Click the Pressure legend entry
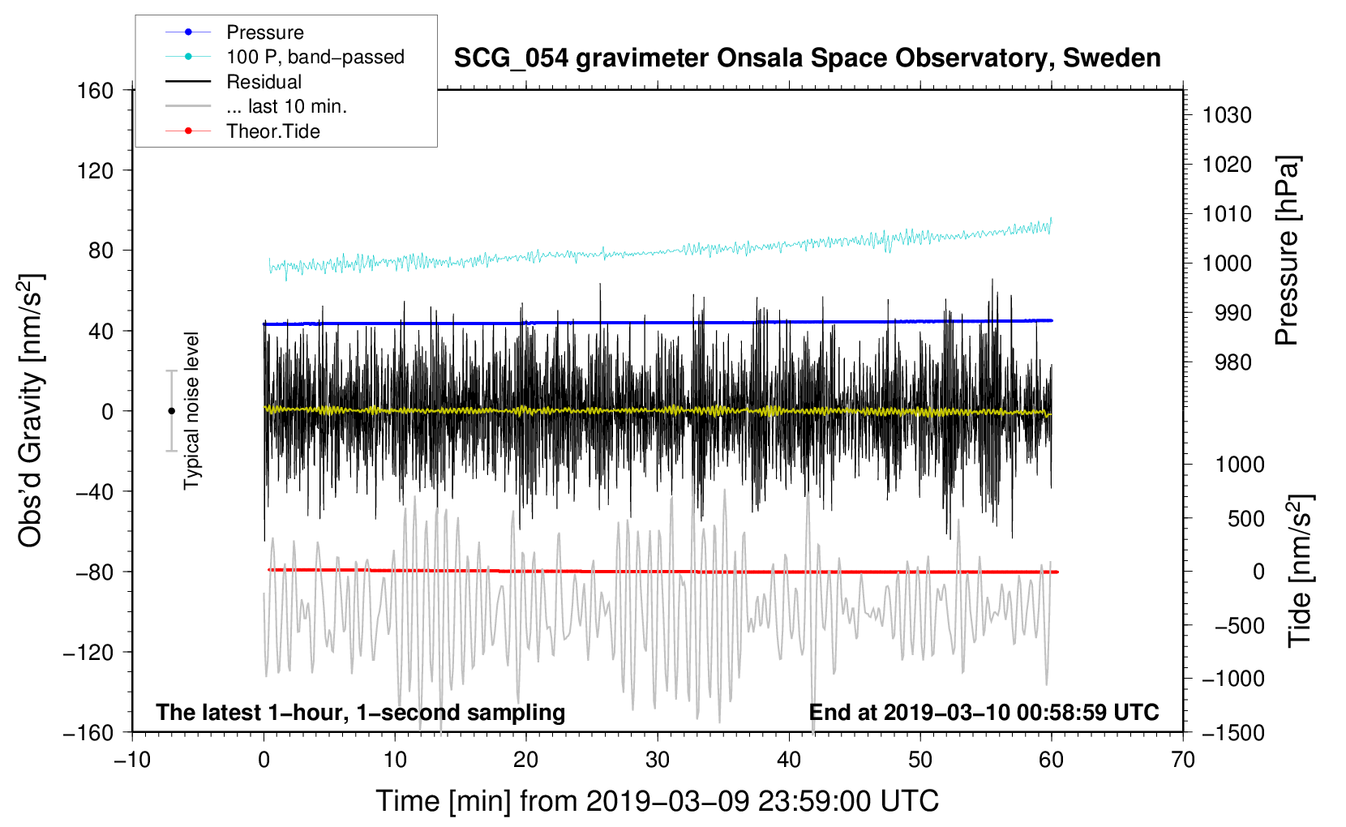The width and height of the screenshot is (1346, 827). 264,32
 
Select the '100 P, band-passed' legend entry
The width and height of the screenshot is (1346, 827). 315,57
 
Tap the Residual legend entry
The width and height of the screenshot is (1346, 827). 264,82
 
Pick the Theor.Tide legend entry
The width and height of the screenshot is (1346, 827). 272,131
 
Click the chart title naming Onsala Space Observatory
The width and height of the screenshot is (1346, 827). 807,58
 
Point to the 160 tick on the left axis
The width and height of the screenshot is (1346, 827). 96,90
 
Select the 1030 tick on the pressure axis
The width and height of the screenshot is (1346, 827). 1227,115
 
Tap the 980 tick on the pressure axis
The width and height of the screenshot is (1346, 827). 1232,362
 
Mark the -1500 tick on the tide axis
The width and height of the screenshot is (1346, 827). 1232,732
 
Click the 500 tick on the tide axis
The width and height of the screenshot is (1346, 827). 1245,518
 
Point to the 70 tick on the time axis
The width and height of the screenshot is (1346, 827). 1183,760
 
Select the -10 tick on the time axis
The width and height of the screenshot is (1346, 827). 132,760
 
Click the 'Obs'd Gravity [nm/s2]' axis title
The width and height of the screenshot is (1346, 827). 31,411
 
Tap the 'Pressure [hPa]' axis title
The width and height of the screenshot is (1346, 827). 1287,251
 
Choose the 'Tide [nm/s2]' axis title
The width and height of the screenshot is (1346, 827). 1300,571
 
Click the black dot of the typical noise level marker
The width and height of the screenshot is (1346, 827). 171,411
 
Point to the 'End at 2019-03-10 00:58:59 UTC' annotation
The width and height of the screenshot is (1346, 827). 984,712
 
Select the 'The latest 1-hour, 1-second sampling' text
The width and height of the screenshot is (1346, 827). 360,712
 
